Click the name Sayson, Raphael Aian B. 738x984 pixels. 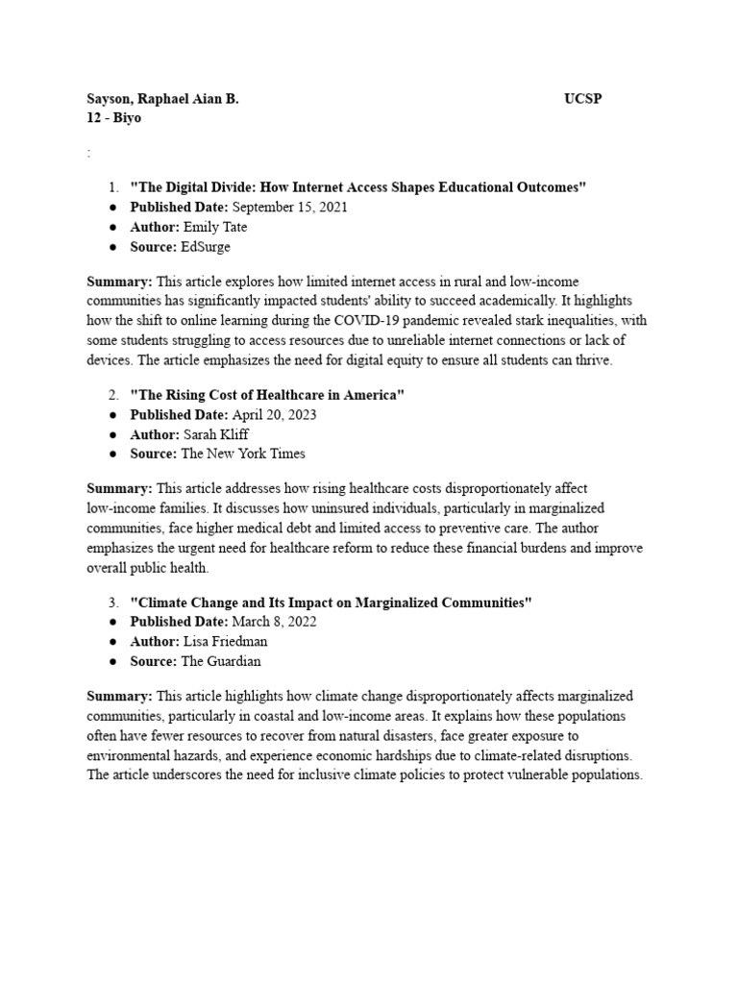(x=162, y=99)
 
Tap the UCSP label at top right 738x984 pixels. (x=583, y=99)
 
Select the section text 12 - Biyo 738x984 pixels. (x=113, y=118)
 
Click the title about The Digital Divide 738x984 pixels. (x=357, y=186)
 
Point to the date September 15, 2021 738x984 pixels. (x=289, y=207)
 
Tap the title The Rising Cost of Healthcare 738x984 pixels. (x=267, y=395)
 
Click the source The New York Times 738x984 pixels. (x=243, y=454)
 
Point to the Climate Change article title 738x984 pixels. (x=331, y=603)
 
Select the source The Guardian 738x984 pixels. (x=221, y=661)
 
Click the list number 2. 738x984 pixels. (x=112, y=395)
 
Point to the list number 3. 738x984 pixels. (x=112, y=603)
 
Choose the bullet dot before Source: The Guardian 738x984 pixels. (x=113, y=662)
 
